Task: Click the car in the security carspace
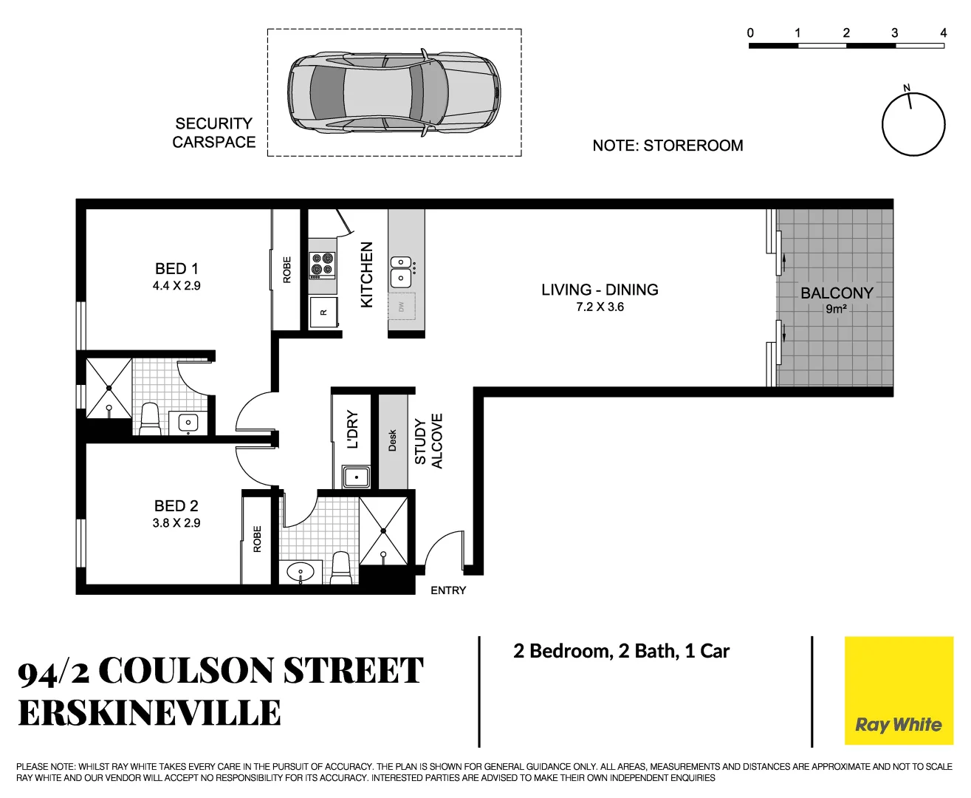[394, 93]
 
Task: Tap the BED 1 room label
[176, 269]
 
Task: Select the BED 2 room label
[176, 506]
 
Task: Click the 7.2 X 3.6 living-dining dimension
[600, 307]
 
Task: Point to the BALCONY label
[837, 293]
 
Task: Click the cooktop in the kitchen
[322, 265]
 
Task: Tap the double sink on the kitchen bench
[400, 270]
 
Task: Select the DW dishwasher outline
[402, 306]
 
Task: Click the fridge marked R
[323, 312]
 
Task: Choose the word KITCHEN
[367, 275]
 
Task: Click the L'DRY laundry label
[352, 429]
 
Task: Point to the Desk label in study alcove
[392, 440]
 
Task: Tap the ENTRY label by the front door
[448, 590]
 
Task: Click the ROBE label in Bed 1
[287, 270]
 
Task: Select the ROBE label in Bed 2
[257, 539]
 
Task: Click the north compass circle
[913, 124]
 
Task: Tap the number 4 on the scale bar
[943, 33]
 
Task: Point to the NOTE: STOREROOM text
[668, 146]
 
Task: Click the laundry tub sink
[357, 477]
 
